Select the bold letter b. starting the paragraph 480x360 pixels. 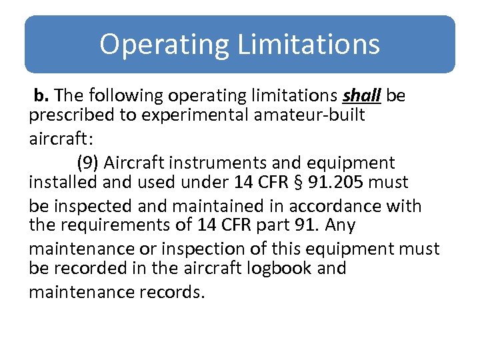[x=41, y=95]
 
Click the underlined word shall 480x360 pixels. [x=361, y=95]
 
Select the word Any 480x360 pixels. [x=341, y=225]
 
